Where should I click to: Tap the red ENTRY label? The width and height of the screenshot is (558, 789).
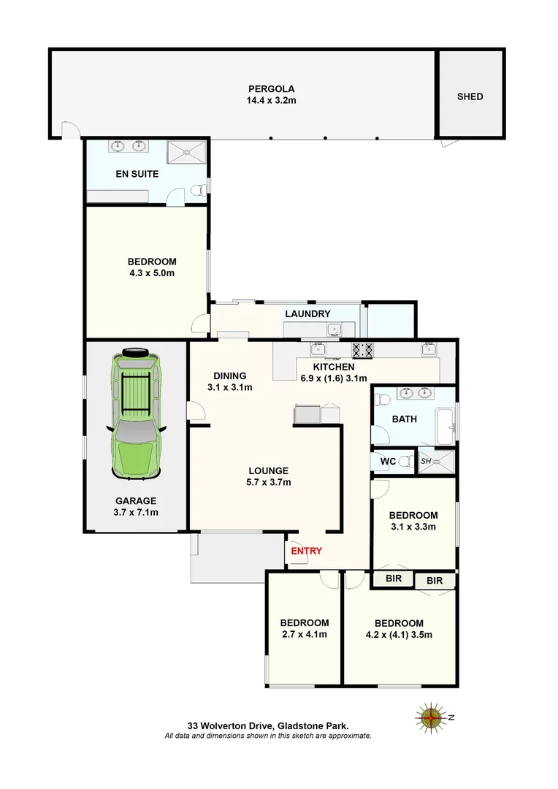(x=306, y=551)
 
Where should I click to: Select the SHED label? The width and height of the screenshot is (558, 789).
(x=470, y=96)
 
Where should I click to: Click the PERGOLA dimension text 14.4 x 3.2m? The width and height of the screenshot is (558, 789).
(x=271, y=101)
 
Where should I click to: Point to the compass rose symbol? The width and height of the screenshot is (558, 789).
(x=432, y=717)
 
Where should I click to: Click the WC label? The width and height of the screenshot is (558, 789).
(x=388, y=462)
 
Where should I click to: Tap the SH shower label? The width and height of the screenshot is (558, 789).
(x=426, y=460)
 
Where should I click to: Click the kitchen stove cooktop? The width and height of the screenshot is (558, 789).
(x=363, y=350)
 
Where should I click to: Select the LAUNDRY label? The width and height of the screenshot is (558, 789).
(x=307, y=314)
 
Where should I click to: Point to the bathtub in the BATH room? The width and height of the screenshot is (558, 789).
(x=445, y=427)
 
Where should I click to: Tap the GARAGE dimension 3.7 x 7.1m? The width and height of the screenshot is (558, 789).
(x=135, y=512)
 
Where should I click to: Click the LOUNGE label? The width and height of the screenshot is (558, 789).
(x=268, y=470)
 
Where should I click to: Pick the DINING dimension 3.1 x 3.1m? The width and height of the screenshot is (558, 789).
(x=229, y=387)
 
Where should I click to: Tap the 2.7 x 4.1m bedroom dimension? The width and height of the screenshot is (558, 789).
(x=304, y=634)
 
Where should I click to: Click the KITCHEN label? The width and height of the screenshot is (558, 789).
(x=334, y=367)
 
